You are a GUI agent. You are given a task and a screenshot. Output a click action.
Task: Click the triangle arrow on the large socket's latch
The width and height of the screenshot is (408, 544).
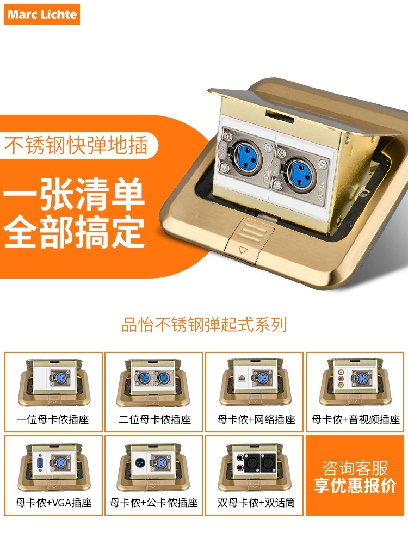click(x=243, y=250)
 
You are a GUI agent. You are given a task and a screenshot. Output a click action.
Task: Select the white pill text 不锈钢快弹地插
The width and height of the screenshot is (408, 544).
click(x=77, y=146)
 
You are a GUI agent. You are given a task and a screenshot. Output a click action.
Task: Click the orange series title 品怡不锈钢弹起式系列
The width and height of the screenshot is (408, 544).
click(x=204, y=325)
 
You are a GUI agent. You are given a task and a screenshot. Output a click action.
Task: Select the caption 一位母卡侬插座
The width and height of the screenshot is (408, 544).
click(x=53, y=419)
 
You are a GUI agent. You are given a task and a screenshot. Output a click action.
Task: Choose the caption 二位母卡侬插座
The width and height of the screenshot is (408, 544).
click(x=154, y=419)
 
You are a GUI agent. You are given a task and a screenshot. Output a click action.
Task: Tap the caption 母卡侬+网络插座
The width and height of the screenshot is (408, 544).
click(x=256, y=419)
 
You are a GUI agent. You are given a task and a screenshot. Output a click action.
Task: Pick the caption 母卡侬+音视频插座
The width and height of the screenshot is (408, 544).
click(x=356, y=419)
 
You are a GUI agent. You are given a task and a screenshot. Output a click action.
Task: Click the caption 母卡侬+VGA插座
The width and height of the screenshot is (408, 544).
click(x=53, y=503)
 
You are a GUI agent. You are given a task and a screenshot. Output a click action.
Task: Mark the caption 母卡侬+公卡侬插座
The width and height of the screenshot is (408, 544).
click(x=154, y=503)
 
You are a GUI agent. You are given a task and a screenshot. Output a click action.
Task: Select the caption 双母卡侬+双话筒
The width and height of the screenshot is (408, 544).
click(x=256, y=503)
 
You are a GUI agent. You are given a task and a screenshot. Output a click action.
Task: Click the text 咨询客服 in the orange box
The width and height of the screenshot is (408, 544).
click(x=355, y=468)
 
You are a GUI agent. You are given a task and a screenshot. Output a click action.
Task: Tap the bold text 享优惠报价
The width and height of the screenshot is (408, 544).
click(x=355, y=486)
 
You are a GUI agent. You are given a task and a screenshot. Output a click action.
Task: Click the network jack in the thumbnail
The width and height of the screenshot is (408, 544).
click(x=240, y=376)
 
